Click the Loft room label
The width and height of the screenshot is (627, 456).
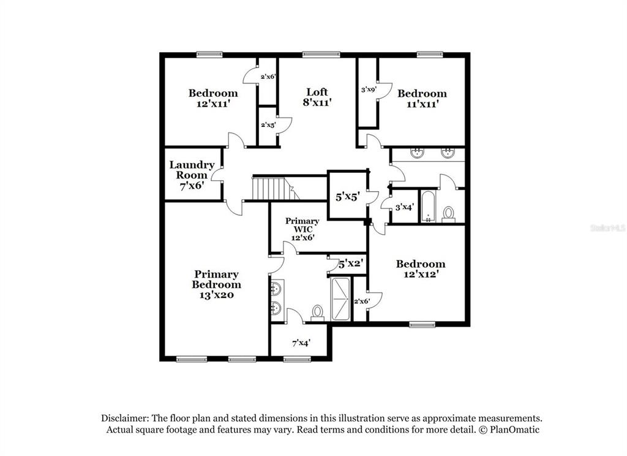coord(317,92)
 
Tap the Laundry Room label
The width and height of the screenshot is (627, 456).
coord(192,170)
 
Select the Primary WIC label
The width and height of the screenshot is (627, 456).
coord(302,225)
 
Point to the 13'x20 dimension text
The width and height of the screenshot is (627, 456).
coord(216,295)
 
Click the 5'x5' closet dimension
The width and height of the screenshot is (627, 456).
coord(348,197)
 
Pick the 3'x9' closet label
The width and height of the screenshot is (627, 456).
coord(369,89)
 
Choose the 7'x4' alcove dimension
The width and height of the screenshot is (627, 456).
coord(301,343)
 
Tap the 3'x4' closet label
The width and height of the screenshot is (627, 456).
coord(404,207)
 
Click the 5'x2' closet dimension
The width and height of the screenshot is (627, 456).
coord(351,264)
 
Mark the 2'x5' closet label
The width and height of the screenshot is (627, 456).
coord(268,125)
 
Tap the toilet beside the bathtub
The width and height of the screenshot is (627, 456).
coord(449,214)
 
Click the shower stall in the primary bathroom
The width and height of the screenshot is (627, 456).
coord(340,298)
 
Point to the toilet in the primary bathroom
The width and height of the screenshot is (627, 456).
coord(318,313)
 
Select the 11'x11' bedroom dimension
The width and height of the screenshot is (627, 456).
coord(422,104)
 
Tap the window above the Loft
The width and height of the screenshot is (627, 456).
coord(321,55)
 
